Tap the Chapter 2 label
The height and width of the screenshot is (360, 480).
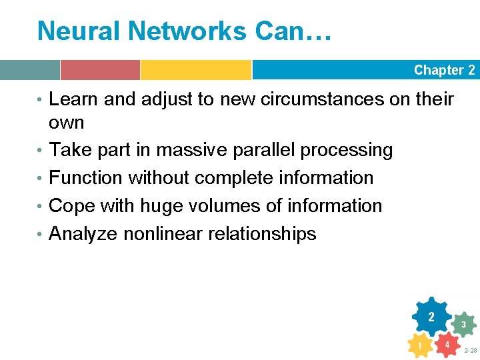click(x=444, y=70)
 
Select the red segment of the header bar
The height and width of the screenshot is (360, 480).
click(x=100, y=70)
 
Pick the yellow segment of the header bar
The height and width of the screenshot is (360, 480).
click(x=195, y=70)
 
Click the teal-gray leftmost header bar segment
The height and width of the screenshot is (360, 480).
click(x=30, y=70)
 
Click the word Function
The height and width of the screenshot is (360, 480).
click(x=86, y=178)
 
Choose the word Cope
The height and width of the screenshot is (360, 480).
click(x=72, y=206)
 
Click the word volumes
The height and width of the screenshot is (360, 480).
click(x=224, y=206)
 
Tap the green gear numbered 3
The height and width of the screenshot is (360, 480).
click(x=463, y=325)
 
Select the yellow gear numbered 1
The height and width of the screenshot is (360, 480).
click(x=419, y=346)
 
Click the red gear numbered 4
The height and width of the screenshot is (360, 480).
click(x=447, y=345)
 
